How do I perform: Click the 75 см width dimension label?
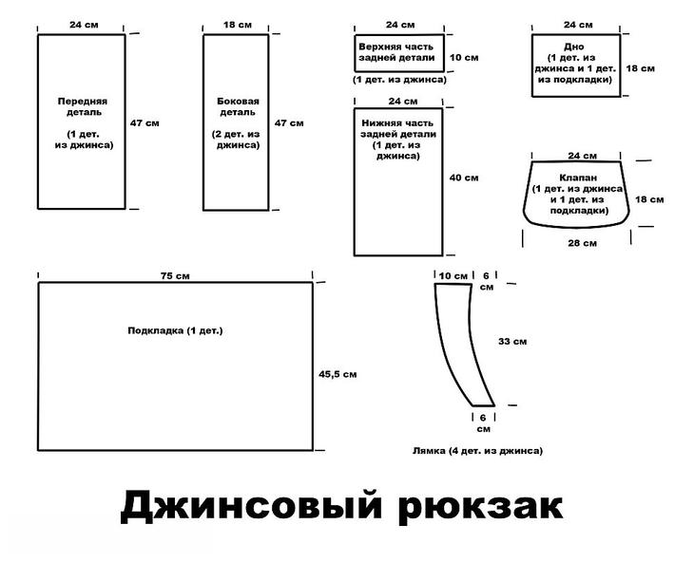[175, 275]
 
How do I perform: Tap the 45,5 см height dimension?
[337, 374]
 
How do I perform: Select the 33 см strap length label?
[512, 340]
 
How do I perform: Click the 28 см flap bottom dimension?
[582, 243]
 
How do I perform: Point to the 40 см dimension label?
[464, 178]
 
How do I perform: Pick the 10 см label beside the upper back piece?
[464, 57]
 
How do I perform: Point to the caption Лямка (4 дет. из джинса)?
[478, 451]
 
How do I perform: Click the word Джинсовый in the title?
[250, 505]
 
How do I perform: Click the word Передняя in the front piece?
[82, 100]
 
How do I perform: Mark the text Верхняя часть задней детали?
[396, 51]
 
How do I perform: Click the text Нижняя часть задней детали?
[397, 130]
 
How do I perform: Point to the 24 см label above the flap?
[581, 155]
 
